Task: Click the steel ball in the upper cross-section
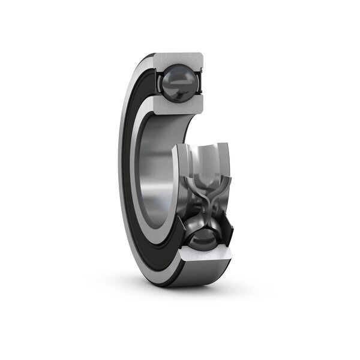tap(179, 82)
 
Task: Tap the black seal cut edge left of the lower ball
tap(178, 231)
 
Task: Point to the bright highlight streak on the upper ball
tap(175, 77)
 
